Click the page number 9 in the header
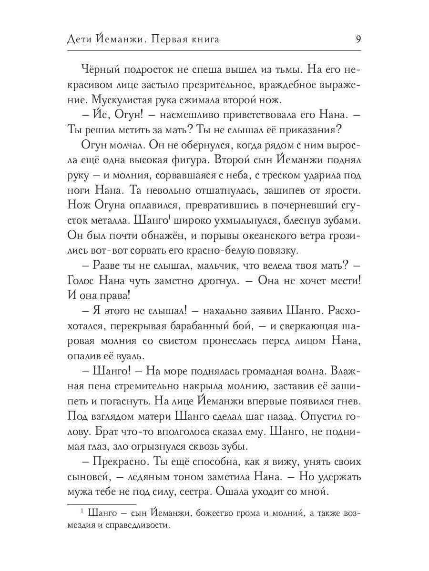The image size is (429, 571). [357, 39]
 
